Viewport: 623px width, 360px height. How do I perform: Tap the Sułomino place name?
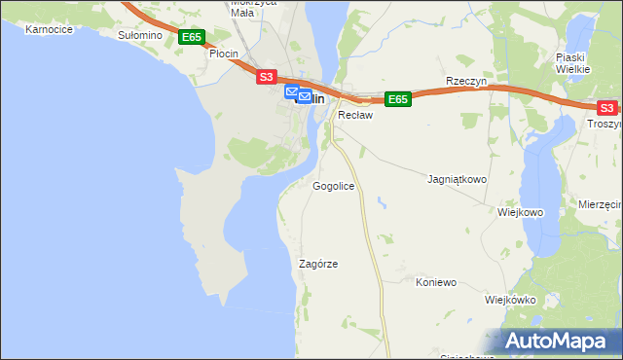click(138, 35)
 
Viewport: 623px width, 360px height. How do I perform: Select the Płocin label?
click(226, 54)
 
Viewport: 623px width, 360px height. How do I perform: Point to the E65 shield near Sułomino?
click(192, 37)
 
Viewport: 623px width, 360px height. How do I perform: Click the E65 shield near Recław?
click(398, 99)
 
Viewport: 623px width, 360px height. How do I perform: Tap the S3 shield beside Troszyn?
click(605, 108)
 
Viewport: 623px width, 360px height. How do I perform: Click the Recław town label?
click(356, 115)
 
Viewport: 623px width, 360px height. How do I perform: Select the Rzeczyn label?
click(465, 82)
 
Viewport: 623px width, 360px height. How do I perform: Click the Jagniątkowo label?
click(457, 180)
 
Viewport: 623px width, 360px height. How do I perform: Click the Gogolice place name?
click(333, 186)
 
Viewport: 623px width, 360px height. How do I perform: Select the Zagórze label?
click(318, 264)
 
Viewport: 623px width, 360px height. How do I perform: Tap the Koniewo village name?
click(436, 283)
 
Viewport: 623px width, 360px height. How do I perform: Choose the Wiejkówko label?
click(510, 300)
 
